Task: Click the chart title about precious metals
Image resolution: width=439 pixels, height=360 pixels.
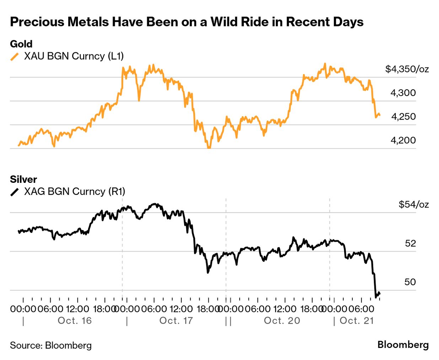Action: (x=187, y=22)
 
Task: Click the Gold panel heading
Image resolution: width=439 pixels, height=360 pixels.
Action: (x=21, y=44)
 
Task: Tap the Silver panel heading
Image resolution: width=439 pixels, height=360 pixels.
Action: (x=23, y=179)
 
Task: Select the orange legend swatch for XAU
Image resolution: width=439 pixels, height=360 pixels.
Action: (x=15, y=57)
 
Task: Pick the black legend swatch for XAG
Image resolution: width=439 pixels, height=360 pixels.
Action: (x=15, y=192)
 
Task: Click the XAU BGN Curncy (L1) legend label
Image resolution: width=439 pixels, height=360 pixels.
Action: (x=74, y=56)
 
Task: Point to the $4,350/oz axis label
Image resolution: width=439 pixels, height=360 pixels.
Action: (x=407, y=69)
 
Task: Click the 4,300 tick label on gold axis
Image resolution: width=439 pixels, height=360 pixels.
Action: (x=403, y=93)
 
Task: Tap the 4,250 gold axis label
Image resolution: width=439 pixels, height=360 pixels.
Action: (x=403, y=117)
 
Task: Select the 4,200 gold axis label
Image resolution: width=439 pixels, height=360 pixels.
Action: (x=403, y=140)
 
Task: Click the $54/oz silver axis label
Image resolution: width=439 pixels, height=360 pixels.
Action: (x=413, y=205)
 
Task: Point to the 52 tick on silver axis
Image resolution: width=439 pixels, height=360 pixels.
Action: (x=410, y=243)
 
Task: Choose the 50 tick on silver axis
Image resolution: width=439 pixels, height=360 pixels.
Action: (x=410, y=282)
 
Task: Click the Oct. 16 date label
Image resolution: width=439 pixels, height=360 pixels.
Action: (x=75, y=321)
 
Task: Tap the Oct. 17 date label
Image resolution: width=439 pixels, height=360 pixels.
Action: (x=176, y=321)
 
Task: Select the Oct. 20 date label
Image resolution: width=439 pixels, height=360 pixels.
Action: (x=282, y=321)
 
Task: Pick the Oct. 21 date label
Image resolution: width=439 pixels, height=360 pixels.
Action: (x=357, y=321)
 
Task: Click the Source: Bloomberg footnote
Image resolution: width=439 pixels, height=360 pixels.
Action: (x=51, y=345)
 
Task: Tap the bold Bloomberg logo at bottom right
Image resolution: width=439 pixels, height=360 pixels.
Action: (x=403, y=345)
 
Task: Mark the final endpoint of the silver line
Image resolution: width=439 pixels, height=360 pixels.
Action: (x=380, y=294)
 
